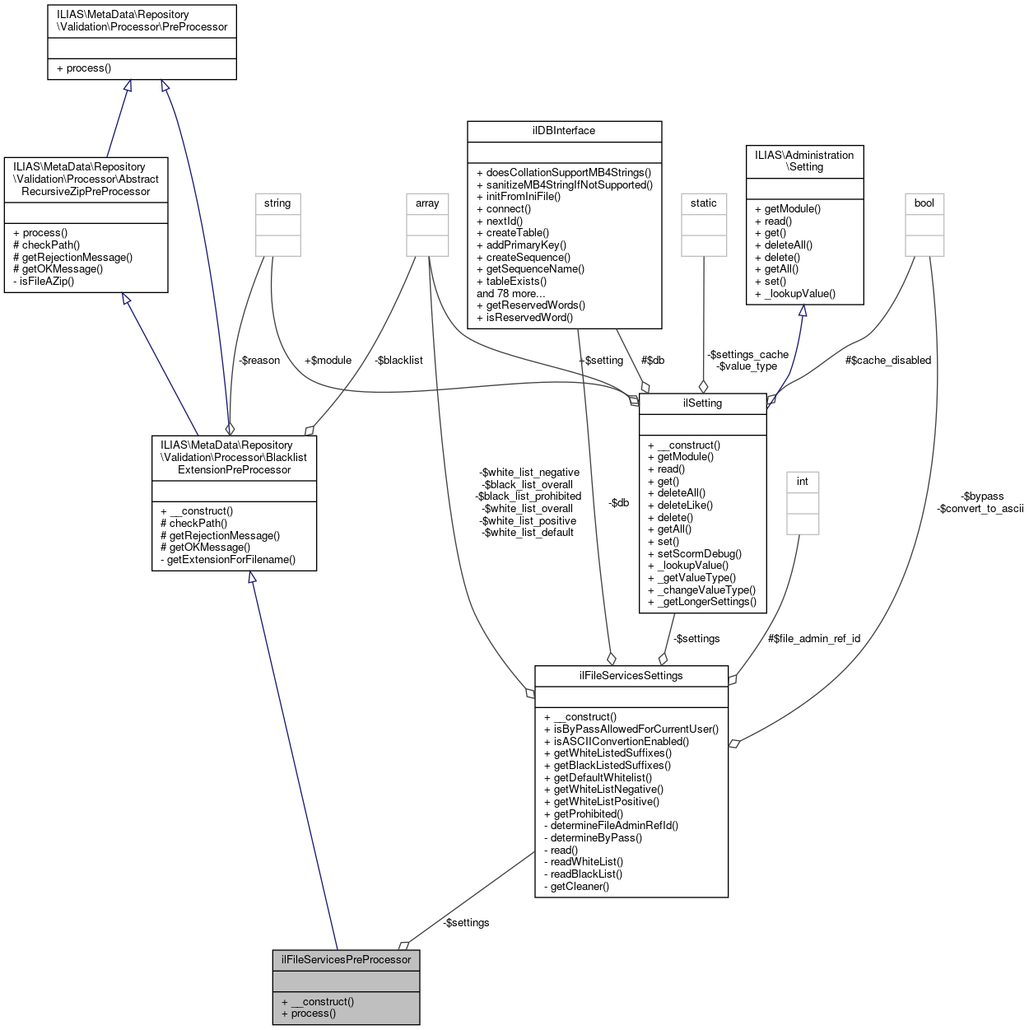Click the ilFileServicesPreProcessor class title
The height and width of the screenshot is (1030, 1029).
point(346,959)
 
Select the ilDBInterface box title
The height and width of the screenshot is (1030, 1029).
point(564,131)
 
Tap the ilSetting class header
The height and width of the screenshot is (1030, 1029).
point(702,403)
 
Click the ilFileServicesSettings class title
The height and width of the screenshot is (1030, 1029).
point(631,675)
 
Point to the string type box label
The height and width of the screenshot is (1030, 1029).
point(277,203)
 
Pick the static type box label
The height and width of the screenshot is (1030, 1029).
point(704,203)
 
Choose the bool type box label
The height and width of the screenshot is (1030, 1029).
point(924,203)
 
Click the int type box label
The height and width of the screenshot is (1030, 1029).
point(803,482)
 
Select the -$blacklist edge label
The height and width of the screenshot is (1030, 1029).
point(398,361)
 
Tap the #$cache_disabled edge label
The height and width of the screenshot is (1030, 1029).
point(888,361)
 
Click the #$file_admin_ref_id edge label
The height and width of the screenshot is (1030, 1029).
point(814,639)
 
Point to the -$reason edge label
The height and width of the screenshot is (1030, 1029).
point(259,361)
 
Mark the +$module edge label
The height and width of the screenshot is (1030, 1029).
point(328,361)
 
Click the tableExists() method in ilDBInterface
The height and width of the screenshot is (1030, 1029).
point(515,282)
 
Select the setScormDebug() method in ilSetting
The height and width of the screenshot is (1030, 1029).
point(699,554)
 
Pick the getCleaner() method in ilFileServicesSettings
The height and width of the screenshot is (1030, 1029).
point(580,887)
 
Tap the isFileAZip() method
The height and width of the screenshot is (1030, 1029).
point(47,282)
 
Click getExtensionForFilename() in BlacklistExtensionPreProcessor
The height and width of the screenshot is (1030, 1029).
point(230,560)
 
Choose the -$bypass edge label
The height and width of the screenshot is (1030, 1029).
point(982,496)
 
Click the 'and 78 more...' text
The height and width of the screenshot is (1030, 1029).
point(511,294)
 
